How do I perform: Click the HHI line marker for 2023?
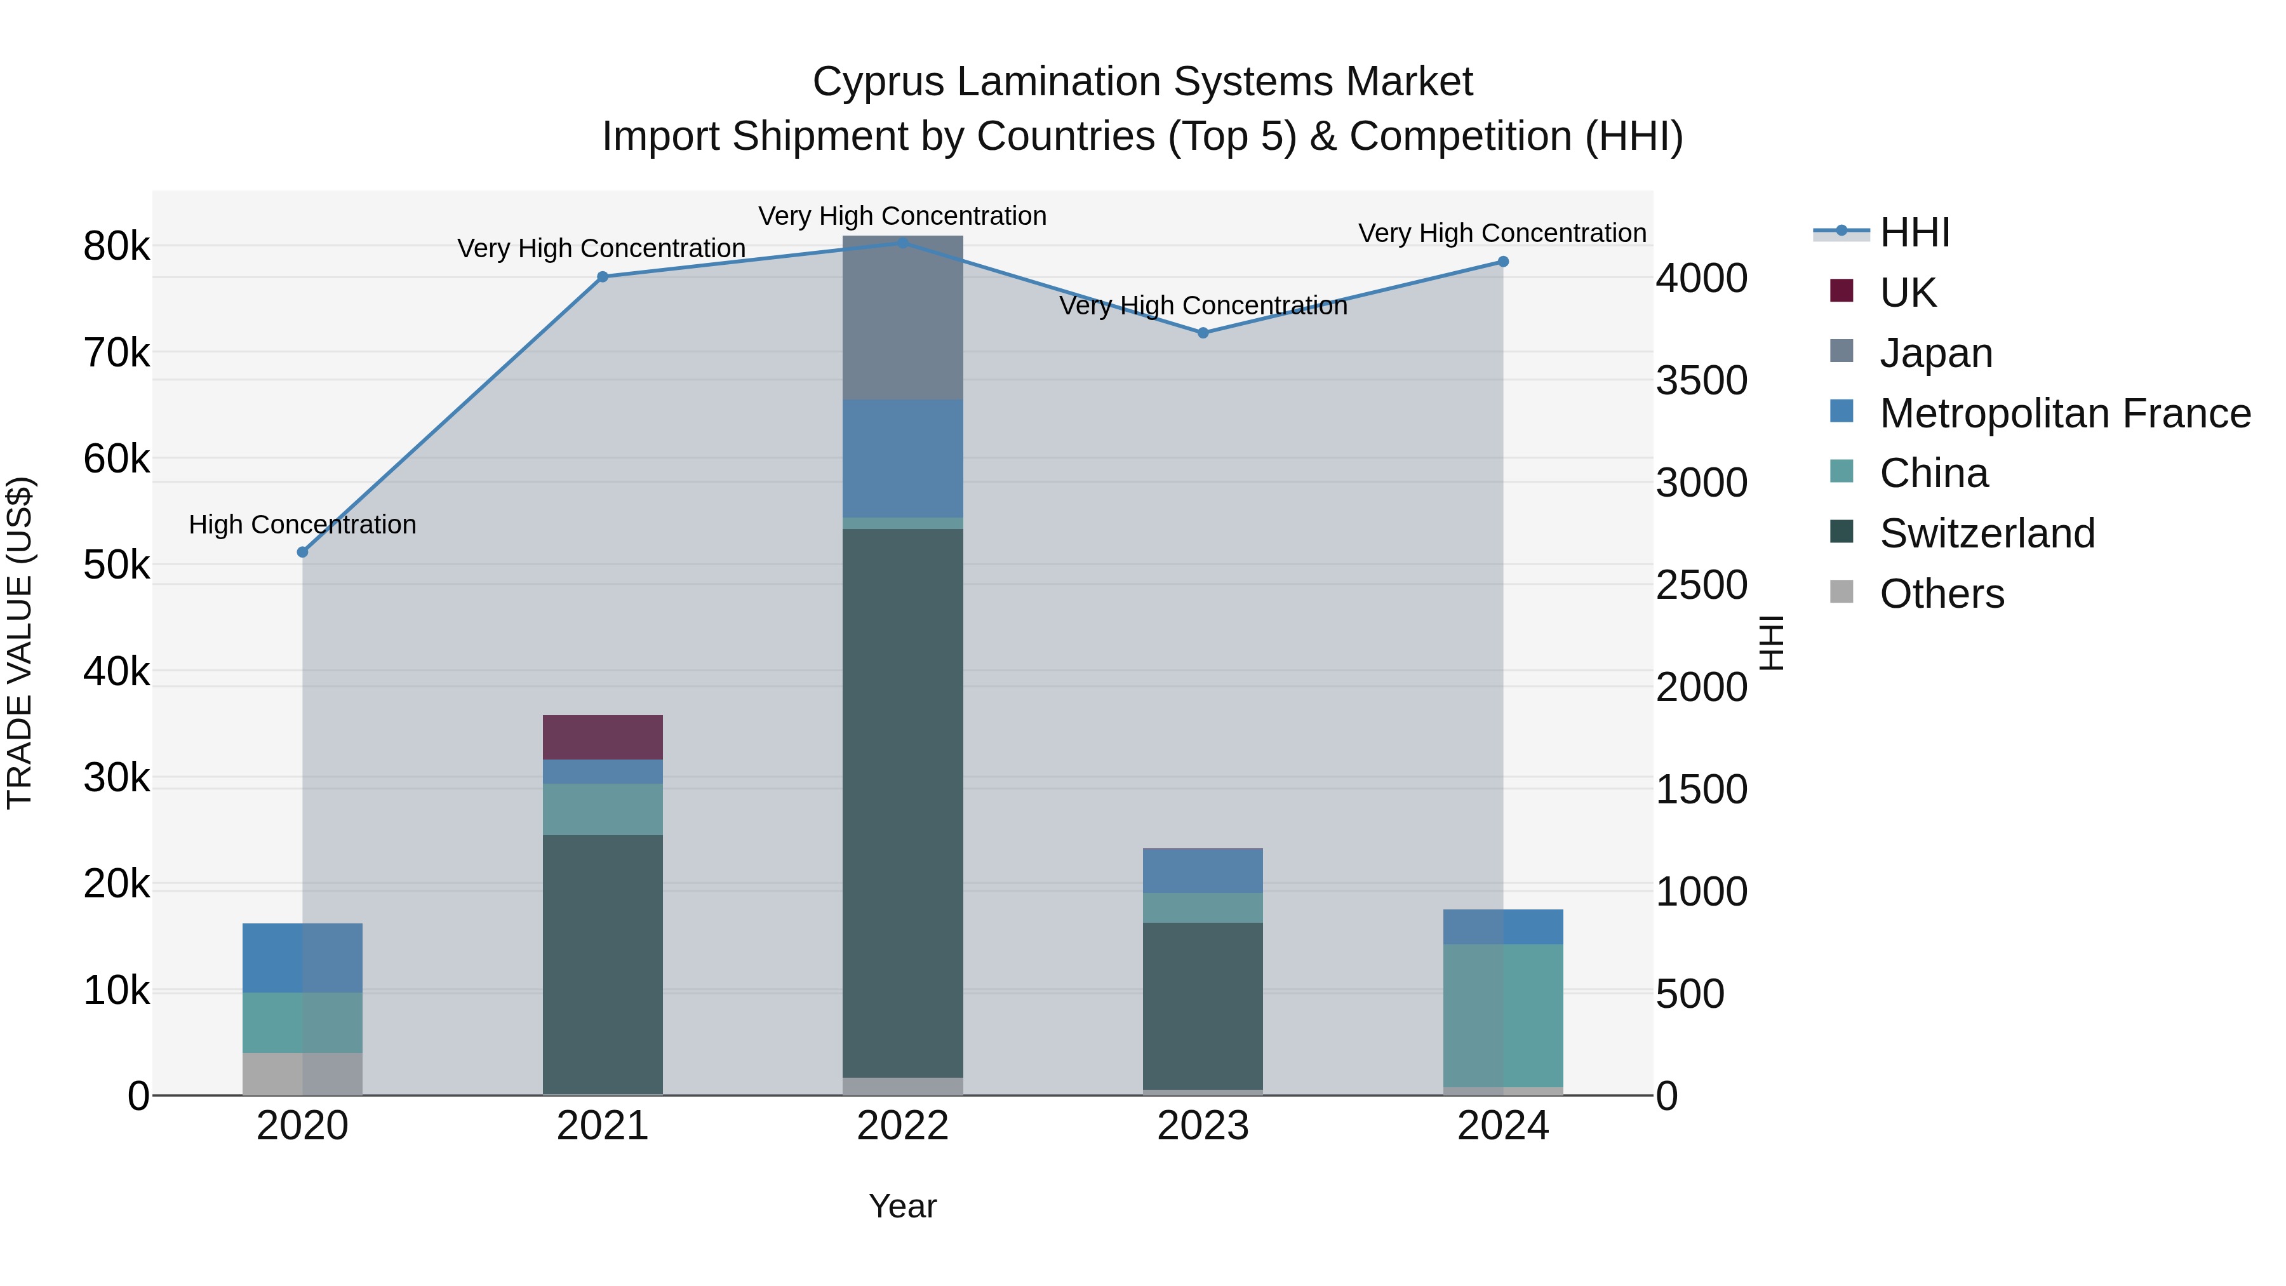pyautogui.click(x=1203, y=333)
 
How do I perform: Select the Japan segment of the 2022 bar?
pyautogui.click(x=902, y=318)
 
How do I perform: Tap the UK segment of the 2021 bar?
pyautogui.click(x=603, y=737)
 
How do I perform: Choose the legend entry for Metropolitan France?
pyautogui.click(x=2064, y=413)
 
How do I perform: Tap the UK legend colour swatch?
pyautogui.click(x=1841, y=291)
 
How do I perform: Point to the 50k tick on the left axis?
pyautogui.click(x=116, y=565)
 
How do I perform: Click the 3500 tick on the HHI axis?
pyautogui.click(x=1701, y=381)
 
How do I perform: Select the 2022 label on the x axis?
pyautogui.click(x=902, y=1126)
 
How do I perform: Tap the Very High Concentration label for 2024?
pyautogui.click(x=1502, y=234)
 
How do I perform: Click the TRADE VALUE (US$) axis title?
pyautogui.click(x=20, y=643)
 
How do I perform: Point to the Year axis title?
pyautogui.click(x=902, y=1206)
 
